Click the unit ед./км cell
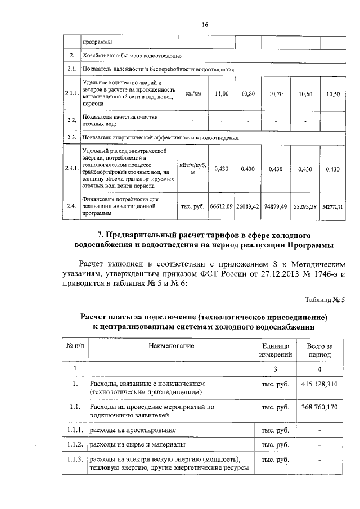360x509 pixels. [192, 94]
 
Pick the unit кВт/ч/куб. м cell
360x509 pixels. [192, 169]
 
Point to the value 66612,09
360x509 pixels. [222, 206]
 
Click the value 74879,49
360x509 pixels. [276, 206]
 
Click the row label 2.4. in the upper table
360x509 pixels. [71, 206]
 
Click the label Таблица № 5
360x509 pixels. [325, 299]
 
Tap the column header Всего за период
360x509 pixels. [319, 352]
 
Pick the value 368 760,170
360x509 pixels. [319, 406]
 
